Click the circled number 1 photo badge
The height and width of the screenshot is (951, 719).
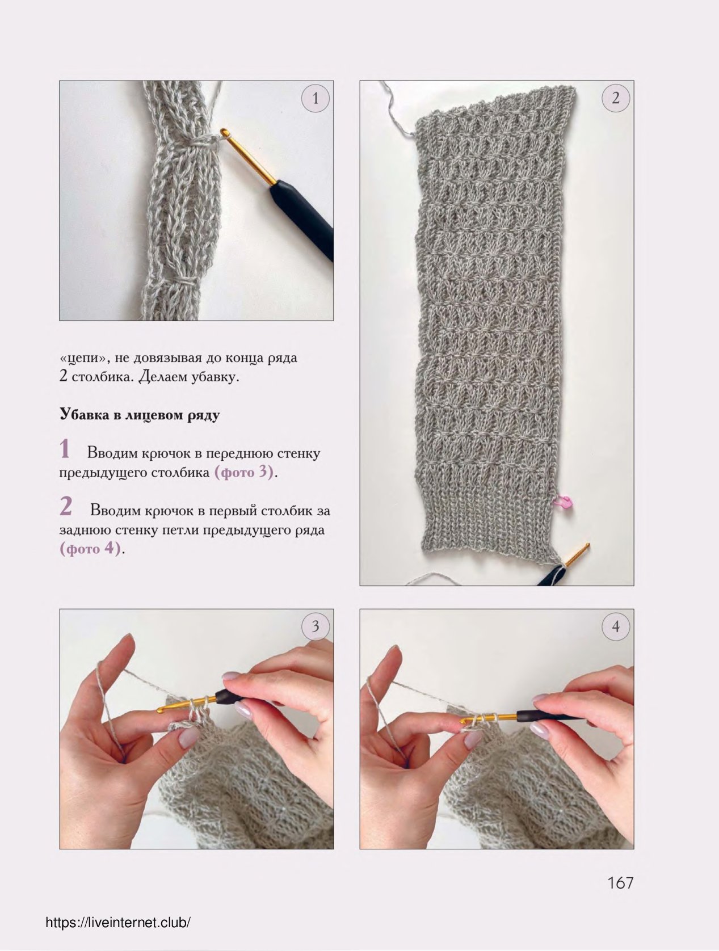click(316, 99)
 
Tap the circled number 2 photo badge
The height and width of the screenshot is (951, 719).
click(616, 99)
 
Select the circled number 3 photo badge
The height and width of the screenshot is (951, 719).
click(316, 626)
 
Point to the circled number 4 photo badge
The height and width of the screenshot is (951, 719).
click(616, 626)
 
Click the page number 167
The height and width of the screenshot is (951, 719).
click(620, 882)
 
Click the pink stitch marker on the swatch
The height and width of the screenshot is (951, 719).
click(565, 502)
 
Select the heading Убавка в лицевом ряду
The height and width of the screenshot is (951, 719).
click(140, 415)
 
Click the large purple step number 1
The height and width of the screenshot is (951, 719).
click(65, 448)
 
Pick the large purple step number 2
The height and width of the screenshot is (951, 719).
click(66, 506)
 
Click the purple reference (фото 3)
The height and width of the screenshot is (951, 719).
click(244, 472)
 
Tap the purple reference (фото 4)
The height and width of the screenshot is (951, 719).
click(90, 549)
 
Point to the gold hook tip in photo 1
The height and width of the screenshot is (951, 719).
click(224, 131)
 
